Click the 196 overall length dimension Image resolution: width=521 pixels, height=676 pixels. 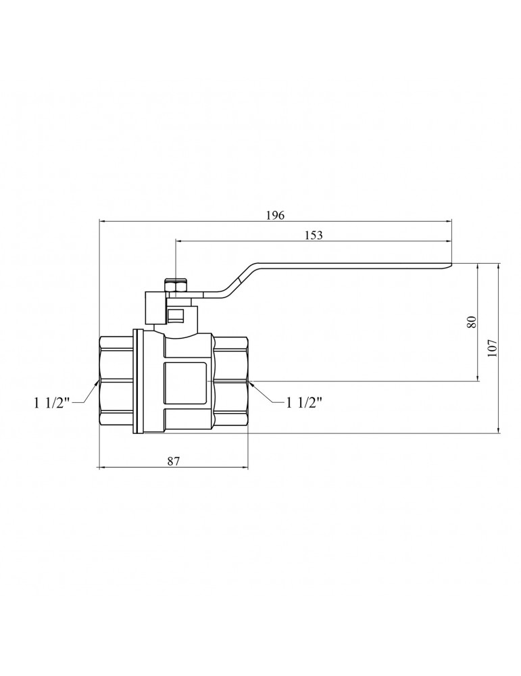[276, 215]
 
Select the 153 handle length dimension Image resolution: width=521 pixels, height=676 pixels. [314, 235]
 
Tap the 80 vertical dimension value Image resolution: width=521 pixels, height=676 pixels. [472, 322]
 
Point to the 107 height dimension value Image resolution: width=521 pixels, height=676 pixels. [492, 348]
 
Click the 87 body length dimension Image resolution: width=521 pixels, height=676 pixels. [173, 461]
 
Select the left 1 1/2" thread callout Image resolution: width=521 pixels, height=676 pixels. [52, 403]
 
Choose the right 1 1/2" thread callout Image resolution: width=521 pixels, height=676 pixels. [304, 403]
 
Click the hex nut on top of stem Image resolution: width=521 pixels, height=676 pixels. [176, 286]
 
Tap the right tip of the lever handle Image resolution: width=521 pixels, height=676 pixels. [451, 264]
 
